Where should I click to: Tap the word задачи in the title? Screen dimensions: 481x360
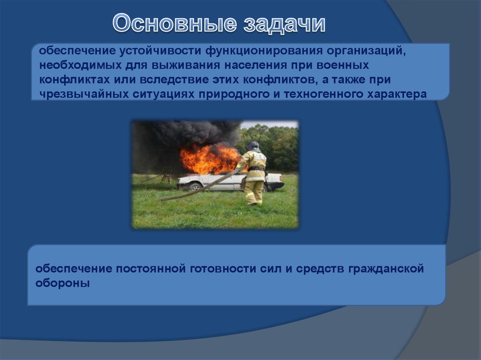(x=284, y=24)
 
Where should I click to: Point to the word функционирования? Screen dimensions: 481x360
(x=264, y=51)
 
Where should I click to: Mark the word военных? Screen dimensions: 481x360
(x=342, y=65)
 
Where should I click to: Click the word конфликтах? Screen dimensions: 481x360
(x=74, y=80)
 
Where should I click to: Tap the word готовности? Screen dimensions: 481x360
(x=223, y=268)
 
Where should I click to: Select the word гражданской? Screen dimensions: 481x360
(x=386, y=268)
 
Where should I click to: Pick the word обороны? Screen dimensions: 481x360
(x=62, y=283)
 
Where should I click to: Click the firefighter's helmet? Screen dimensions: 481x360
(x=253, y=146)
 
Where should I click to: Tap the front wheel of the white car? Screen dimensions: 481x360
(x=195, y=186)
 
